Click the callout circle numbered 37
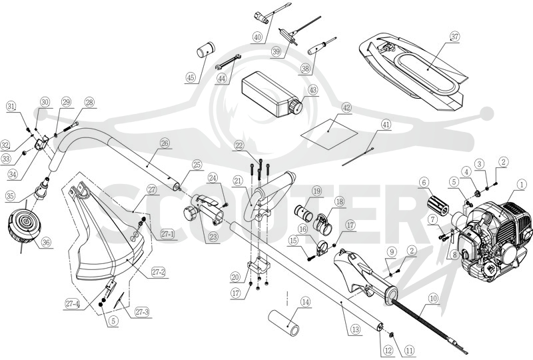[455, 36]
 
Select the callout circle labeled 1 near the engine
[520, 185]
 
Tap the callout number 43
[312, 90]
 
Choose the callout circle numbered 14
[306, 302]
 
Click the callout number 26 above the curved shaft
[165, 143]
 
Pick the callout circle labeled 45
[191, 78]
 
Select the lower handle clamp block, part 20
[259, 269]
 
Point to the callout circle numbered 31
[12, 107]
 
